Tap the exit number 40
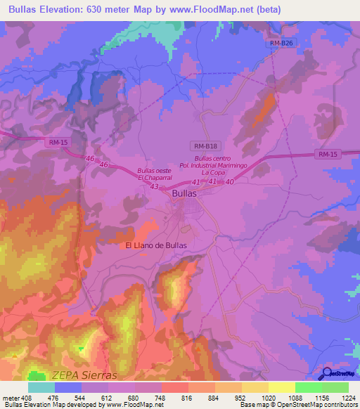229,181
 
